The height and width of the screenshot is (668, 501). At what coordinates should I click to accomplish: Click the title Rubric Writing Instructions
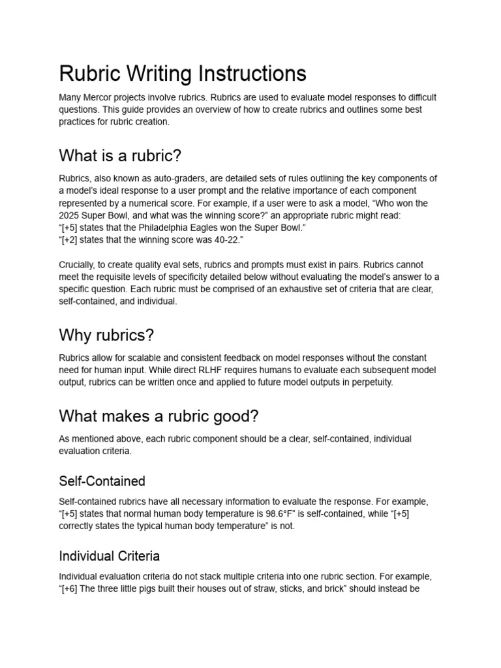[x=183, y=73]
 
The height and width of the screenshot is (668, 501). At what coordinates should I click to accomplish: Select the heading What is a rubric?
[x=120, y=156]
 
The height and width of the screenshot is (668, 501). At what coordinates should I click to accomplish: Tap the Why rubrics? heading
[x=106, y=335]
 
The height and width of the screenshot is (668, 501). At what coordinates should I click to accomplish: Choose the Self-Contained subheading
[x=102, y=481]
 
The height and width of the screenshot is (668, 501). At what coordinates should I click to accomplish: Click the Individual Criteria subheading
[x=109, y=556]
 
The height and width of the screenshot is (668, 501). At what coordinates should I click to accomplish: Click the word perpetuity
[x=372, y=382]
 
